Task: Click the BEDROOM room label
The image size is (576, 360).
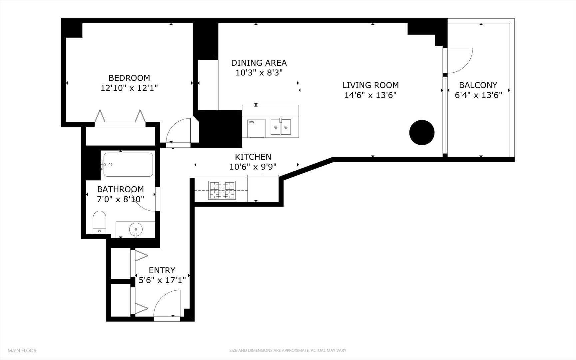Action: pyautogui.click(x=129, y=78)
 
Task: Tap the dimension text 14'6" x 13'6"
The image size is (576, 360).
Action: pyautogui.click(x=370, y=95)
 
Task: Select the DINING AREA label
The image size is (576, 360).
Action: pyautogui.click(x=259, y=63)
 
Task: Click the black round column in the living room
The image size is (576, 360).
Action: pyautogui.click(x=422, y=132)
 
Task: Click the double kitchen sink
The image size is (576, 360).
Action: pyautogui.click(x=281, y=127)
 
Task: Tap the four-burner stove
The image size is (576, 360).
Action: pyautogui.click(x=222, y=190)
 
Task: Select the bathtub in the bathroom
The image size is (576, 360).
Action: pyautogui.click(x=128, y=164)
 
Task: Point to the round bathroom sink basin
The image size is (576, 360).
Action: pyautogui.click(x=136, y=229)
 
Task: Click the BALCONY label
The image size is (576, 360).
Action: pyautogui.click(x=478, y=85)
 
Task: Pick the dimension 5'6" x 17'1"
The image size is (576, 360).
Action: pyautogui.click(x=162, y=280)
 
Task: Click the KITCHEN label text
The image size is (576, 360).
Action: pyautogui.click(x=253, y=157)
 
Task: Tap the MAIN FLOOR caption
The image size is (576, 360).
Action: pyautogui.click(x=22, y=350)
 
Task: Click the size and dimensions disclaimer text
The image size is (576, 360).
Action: pyautogui.click(x=288, y=350)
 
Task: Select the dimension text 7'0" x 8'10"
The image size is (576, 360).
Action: pyautogui.click(x=120, y=199)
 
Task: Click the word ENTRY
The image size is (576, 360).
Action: pyautogui.click(x=162, y=270)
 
